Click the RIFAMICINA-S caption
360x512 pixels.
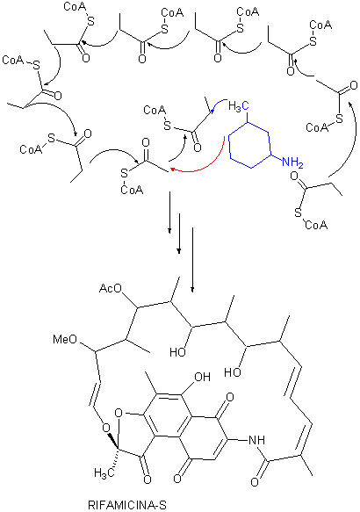tap(127, 505)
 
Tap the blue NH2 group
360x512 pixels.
tap(292, 162)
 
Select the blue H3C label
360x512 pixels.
tap(239, 106)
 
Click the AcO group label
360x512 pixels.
tap(111, 289)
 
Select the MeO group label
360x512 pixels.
tap(65, 339)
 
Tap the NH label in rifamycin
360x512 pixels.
tap(257, 440)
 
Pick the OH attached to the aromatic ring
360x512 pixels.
tap(202, 377)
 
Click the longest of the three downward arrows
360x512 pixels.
tap(192, 259)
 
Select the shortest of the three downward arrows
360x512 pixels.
tap(169, 213)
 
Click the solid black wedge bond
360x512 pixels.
tap(114, 443)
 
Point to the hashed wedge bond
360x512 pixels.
tap(113, 461)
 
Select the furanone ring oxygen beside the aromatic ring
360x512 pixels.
tap(119, 414)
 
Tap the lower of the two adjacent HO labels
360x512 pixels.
tap(233, 372)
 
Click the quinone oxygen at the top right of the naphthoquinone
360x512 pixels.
tap(230, 397)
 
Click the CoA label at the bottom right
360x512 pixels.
tap(316, 225)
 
